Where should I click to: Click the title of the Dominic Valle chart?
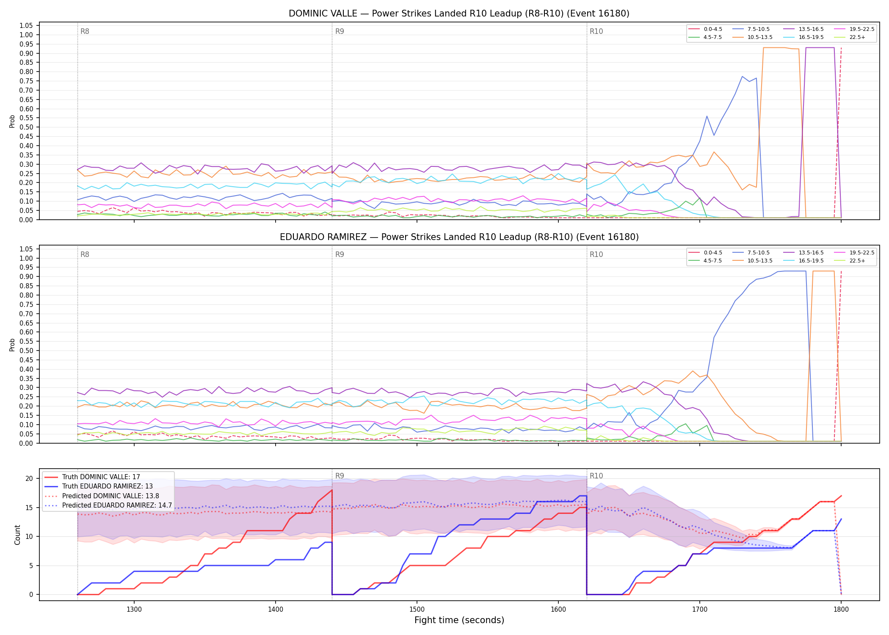(x=459, y=14)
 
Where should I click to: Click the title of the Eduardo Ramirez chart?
(x=459, y=237)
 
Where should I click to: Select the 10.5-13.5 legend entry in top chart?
(x=753, y=37)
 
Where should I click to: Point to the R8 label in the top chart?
(x=85, y=31)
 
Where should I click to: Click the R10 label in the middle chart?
(x=596, y=254)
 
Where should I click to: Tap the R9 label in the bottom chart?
(x=340, y=476)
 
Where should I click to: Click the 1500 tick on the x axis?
(x=417, y=610)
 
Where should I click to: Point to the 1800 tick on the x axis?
(x=841, y=610)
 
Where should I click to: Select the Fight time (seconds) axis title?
(x=459, y=620)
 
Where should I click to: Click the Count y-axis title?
(x=17, y=535)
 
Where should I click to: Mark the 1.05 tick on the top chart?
(x=26, y=26)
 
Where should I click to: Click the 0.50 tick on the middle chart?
(x=26, y=351)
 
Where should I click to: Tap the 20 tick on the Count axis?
(x=29, y=479)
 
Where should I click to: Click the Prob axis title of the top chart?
(x=12, y=121)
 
